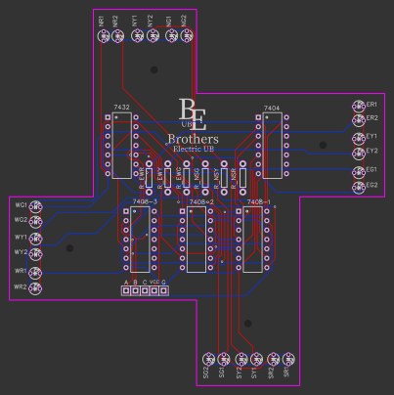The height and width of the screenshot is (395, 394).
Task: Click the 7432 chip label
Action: tap(121, 106)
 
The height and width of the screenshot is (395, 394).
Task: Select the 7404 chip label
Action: tap(272, 108)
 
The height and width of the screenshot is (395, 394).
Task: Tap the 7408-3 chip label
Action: tap(144, 201)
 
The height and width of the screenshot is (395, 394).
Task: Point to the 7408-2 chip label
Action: tap(201, 201)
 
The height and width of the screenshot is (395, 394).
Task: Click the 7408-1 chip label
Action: tap(257, 201)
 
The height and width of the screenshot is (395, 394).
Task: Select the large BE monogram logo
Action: tap(193, 113)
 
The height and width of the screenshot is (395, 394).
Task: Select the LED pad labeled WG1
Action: tap(36, 205)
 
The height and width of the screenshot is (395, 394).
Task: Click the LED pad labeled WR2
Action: tap(36, 287)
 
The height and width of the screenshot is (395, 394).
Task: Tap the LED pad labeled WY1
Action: tap(36, 238)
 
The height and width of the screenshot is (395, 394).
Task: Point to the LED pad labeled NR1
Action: tap(103, 36)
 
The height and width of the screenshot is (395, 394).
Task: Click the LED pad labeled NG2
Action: tap(187, 36)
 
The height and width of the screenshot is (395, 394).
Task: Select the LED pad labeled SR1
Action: tap(289, 359)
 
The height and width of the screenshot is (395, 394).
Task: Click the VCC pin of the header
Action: tap(154, 290)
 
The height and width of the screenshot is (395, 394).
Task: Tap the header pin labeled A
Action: tap(125, 290)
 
